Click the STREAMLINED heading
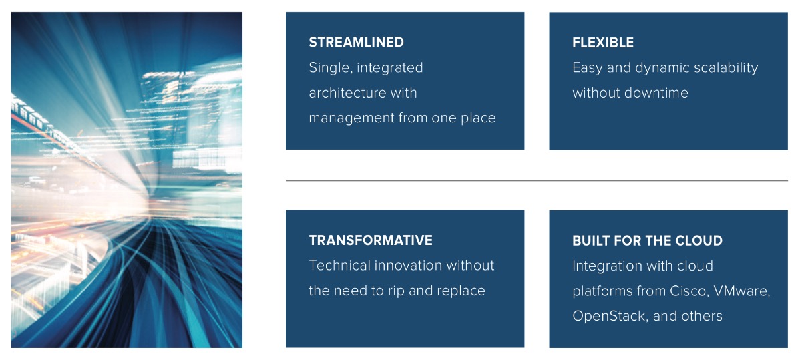pyautogui.click(x=356, y=42)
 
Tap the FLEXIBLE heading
pyautogui.click(x=603, y=43)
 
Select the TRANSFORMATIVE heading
pyautogui.click(x=371, y=240)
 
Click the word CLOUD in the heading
pyautogui.click(x=700, y=241)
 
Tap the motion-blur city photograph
pyautogui.click(x=126, y=180)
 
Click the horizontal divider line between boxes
pyautogui.click(x=537, y=181)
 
